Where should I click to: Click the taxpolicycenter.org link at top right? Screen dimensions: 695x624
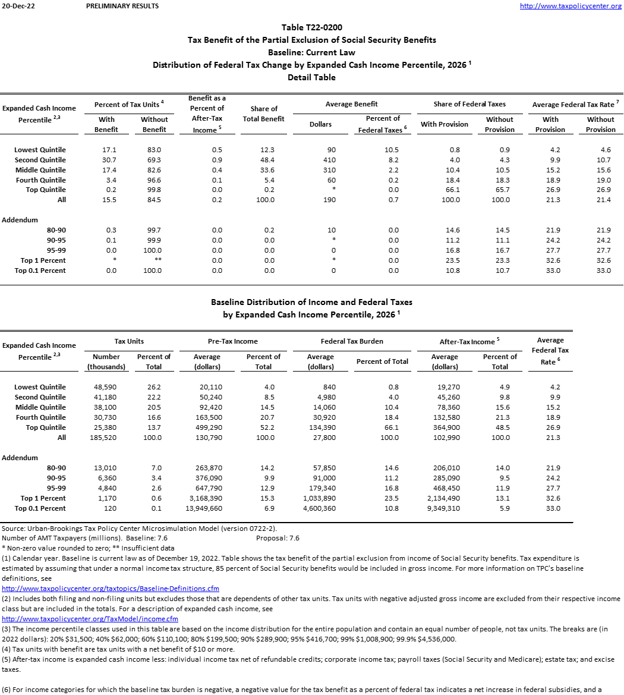[x=570, y=6]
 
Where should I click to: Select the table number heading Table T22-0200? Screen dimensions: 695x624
[x=311, y=27]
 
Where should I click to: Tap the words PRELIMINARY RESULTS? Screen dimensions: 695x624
[x=122, y=6]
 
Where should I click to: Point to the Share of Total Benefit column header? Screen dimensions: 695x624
[x=264, y=114]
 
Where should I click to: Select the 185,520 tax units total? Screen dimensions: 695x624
[x=106, y=438]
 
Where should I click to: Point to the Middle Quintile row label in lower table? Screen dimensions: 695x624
[x=40, y=407]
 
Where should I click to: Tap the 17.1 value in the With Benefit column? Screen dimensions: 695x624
[x=107, y=150]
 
